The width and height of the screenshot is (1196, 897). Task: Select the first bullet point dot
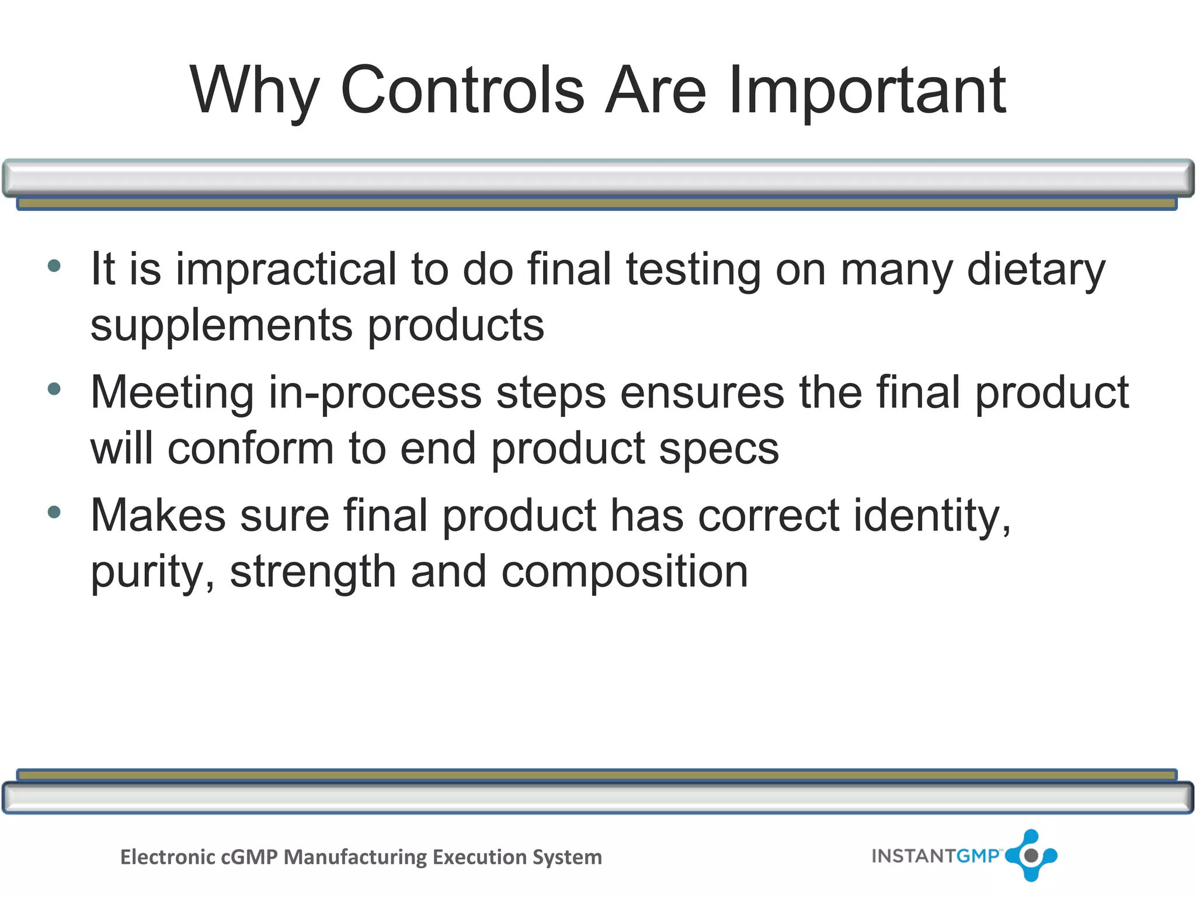click(54, 266)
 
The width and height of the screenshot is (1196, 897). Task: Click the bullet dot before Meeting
click(54, 389)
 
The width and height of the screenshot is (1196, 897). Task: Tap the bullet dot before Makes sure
click(54, 512)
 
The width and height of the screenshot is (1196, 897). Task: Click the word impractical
click(286, 270)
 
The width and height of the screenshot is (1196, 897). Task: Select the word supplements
click(221, 326)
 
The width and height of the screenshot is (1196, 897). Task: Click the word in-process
click(374, 394)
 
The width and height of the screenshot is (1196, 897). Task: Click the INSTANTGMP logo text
click(935, 856)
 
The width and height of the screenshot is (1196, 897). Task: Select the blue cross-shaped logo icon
click(1031, 856)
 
